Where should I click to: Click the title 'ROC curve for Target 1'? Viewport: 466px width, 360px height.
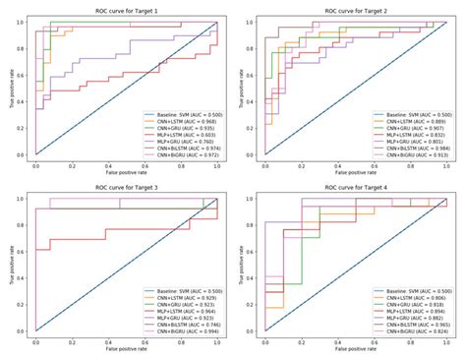pos(126,8)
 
